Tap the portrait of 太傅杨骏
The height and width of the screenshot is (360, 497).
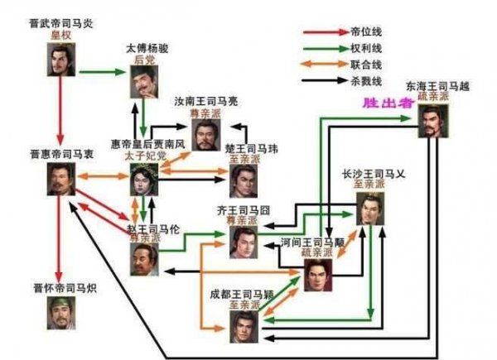tap(147, 83)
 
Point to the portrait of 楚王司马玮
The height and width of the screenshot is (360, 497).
tap(243, 180)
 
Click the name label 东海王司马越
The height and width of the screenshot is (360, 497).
tap(433, 85)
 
